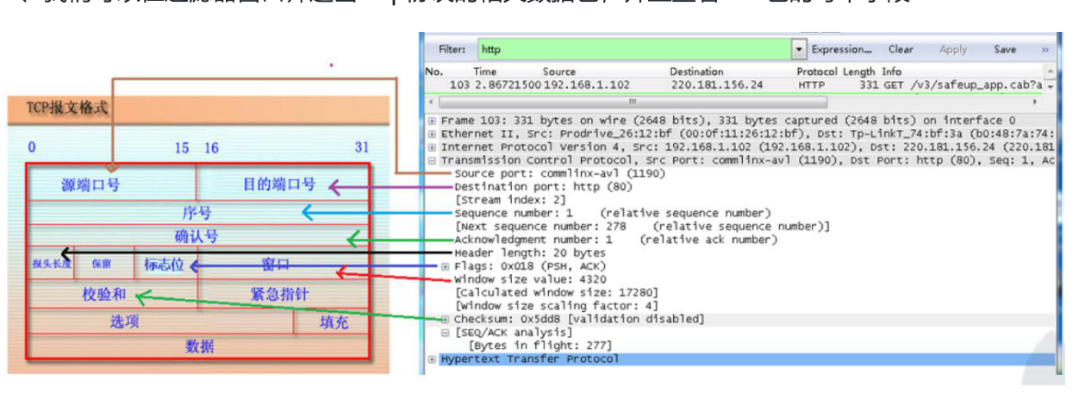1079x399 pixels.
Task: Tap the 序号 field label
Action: (x=196, y=212)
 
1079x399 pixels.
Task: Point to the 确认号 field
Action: (x=196, y=236)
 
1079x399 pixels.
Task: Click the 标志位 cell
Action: (x=164, y=265)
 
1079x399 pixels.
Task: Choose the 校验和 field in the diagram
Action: (x=104, y=294)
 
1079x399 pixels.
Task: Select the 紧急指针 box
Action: (x=279, y=294)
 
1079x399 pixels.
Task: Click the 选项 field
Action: (x=125, y=321)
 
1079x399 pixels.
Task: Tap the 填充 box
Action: (x=334, y=321)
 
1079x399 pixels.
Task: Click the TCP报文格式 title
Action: (x=60, y=109)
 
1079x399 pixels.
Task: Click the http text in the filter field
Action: (x=491, y=50)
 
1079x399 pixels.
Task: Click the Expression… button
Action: (x=841, y=50)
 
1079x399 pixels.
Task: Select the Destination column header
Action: (x=696, y=72)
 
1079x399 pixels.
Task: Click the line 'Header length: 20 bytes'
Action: (x=530, y=252)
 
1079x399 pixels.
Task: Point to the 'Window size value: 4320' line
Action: (x=530, y=279)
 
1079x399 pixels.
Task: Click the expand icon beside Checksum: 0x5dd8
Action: (x=445, y=319)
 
